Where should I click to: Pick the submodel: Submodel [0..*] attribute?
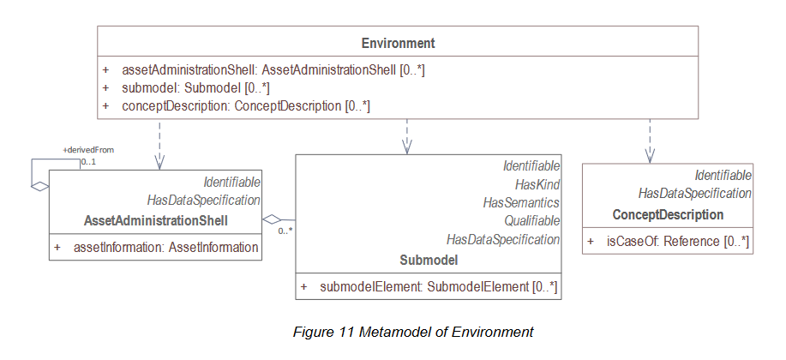199,87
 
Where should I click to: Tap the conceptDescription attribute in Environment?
248,105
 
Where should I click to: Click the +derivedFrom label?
88,150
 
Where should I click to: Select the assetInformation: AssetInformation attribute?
159,248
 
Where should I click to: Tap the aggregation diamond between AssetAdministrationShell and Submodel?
272,219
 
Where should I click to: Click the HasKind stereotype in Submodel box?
537,184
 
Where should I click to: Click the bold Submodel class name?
429,259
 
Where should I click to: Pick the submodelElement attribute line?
438,286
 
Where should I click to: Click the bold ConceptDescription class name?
668,214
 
